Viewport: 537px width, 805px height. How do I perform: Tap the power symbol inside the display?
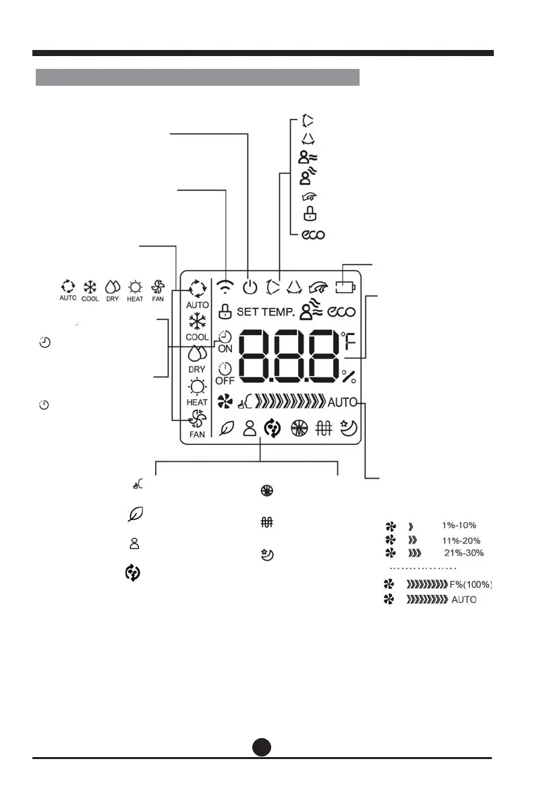coord(250,287)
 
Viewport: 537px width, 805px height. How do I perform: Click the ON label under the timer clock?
coord(225,350)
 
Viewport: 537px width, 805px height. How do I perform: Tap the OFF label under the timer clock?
coord(225,381)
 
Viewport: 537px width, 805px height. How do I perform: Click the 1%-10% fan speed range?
coord(459,525)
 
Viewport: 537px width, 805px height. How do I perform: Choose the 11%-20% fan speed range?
coord(459,540)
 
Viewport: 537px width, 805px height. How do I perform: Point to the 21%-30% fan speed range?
coord(463,553)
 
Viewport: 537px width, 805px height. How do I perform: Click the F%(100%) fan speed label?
coord(470,584)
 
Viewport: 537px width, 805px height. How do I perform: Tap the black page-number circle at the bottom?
coord(262,746)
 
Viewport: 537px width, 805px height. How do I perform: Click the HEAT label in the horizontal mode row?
coord(135,298)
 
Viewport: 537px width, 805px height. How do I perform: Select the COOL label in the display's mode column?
coord(197,337)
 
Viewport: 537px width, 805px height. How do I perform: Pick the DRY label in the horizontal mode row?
coord(113,298)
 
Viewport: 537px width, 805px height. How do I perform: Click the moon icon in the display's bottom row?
coord(349,429)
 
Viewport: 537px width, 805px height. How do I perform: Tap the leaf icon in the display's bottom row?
coord(227,429)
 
